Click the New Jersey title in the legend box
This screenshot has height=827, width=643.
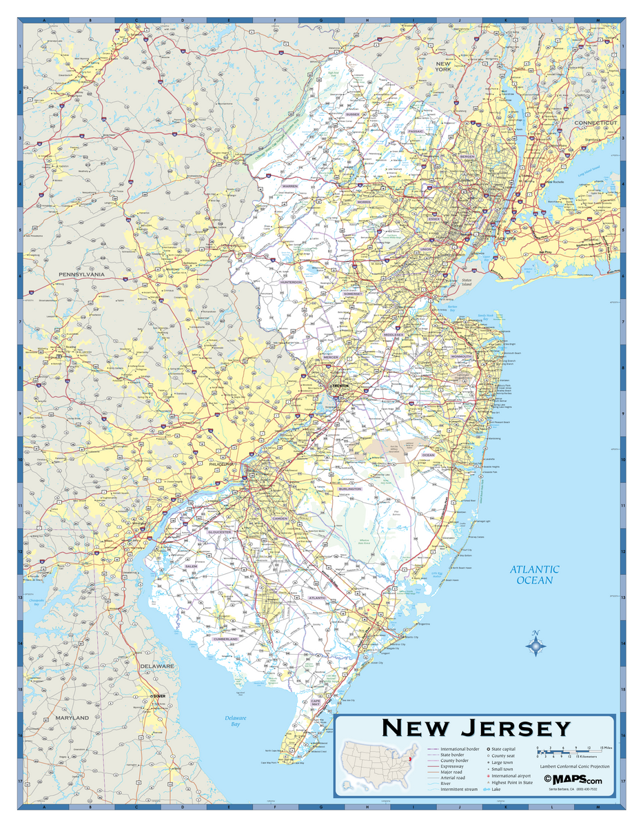coord(476,728)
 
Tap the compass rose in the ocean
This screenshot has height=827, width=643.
coord(535,645)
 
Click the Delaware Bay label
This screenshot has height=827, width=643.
coord(235,721)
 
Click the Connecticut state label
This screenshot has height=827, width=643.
coord(596,122)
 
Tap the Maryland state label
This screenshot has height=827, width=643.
coord(72,718)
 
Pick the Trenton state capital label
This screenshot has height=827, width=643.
coord(340,386)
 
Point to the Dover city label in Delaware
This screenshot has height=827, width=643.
coord(160,697)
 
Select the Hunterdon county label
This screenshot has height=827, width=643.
coord(291,282)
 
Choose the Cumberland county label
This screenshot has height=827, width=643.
coord(225,639)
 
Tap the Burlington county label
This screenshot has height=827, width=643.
coord(349,489)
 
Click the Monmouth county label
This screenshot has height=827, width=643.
coord(462,356)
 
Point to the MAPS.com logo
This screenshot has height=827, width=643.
coord(573,779)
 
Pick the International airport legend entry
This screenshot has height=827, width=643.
coord(511,775)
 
